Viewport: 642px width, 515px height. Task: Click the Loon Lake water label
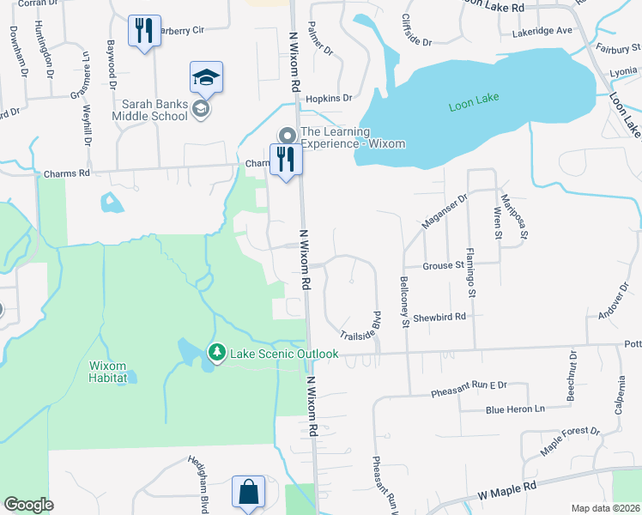pyautogui.click(x=473, y=106)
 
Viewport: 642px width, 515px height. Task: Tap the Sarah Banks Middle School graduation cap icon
pyautogui.click(x=206, y=78)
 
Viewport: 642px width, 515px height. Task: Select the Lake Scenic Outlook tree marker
pyautogui.click(x=217, y=352)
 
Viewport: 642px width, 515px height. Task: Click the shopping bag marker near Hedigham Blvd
pyautogui.click(x=247, y=493)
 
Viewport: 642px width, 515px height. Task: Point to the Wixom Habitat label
pyautogui.click(x=108, y=371)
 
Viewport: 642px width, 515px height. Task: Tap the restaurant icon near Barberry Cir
pyautogui.click(x=143, y=31)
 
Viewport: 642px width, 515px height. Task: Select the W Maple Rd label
pyautogui.click(x=506, y=491)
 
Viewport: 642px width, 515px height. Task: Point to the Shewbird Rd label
pyautogui.click(x=439, y=317)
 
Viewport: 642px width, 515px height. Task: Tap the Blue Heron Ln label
pyautogui.click(x=515, y=409)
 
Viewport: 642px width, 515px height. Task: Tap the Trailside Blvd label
pyautogui.click(x=360, y=327)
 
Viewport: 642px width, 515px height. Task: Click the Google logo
pyautogui.click(x=28, y=504)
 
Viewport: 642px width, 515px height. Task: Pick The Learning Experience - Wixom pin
pyautogui.click(x=286, y=136)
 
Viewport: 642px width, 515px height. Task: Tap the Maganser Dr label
pyautogui.click(x=443, y=211)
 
